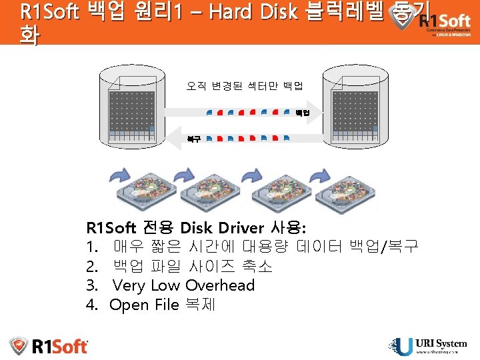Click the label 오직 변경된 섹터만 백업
245,85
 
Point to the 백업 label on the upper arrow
303,113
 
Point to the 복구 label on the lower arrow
194,139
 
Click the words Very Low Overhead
184,285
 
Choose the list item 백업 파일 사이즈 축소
193,266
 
